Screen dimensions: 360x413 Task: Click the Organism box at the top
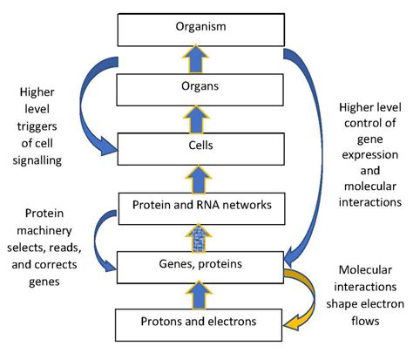[200, 28]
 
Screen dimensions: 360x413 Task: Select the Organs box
[200, 87]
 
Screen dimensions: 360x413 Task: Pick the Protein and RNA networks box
[200, 205]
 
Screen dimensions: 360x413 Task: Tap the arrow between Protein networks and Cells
[200, 175]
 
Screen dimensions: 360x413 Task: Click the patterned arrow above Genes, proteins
[200, 234]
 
